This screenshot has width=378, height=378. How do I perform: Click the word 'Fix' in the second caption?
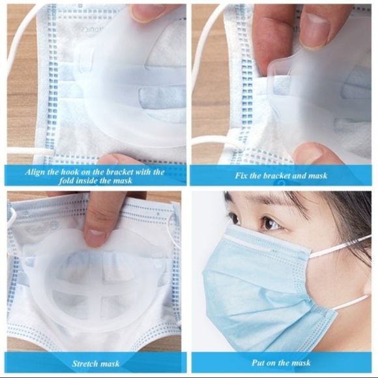[x=241, y=175]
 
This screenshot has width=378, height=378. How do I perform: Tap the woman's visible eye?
[x=270, y=224]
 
